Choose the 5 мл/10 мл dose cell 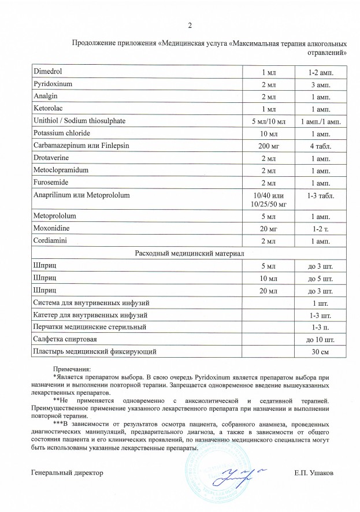[x=269, y=121]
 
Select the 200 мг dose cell [x=269, y=146]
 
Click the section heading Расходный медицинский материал [x=190, y=254]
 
